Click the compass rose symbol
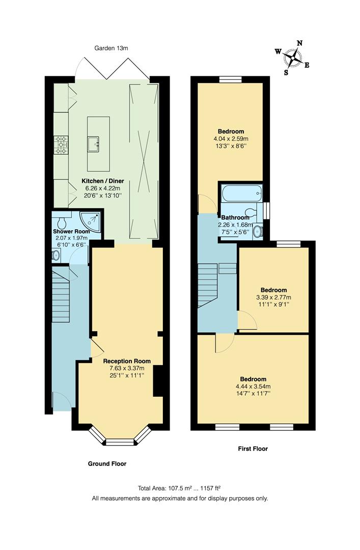293,57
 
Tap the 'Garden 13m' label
111,48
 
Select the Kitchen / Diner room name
103,181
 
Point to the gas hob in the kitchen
62,145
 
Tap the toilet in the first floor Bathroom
250,212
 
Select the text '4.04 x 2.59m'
231,139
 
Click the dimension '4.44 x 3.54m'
253,387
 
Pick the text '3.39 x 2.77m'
274,297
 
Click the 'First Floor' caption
253,449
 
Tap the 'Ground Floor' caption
107,464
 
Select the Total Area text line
180,487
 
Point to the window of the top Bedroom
230,79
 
